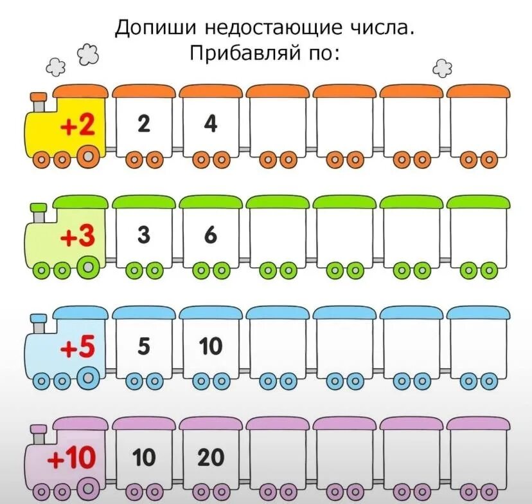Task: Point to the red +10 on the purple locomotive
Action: (71, 460)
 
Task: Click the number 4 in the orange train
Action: (211, 124)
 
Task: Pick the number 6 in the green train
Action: (211, 236)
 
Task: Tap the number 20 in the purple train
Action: (211, 458)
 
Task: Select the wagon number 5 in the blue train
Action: (144, 347)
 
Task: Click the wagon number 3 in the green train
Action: (144, 236)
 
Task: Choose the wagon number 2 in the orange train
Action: (144, 124)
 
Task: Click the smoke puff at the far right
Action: (441, 67)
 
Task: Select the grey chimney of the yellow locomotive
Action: (39, 102)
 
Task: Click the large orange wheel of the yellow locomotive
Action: (89, 154)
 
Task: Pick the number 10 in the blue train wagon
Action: (211, 347)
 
